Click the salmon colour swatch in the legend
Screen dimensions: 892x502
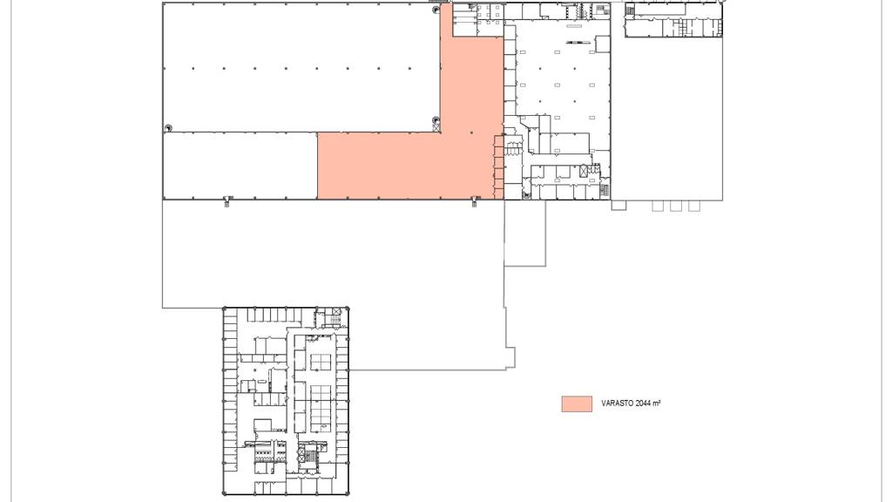point(577,404)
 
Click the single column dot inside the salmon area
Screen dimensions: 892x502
point(471,132)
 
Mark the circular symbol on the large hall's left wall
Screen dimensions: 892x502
point(168,128)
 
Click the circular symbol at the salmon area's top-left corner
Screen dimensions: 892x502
point(436,10)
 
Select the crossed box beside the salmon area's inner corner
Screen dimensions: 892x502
point(436,128)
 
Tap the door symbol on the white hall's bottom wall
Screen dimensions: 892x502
point(227,201)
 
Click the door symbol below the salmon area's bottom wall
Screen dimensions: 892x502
point(475,201)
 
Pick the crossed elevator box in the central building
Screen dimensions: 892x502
point(584,170)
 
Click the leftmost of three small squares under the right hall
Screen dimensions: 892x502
point(658,206)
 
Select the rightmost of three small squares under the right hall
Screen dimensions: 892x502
point(694,206)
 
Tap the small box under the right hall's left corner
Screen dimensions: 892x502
point(619,205)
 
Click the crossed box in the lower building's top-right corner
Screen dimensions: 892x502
point(336,313)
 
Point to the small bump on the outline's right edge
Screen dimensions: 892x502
point(510,358)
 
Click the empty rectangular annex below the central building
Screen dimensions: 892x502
point(525,233)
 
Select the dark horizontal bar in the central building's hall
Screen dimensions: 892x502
point(578,42)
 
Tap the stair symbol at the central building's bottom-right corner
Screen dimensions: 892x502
point(605,191)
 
